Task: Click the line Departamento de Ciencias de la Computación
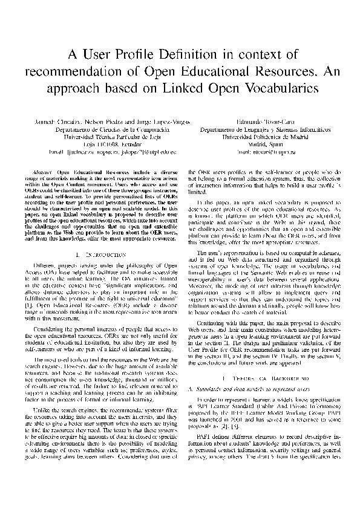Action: tap(102, 130)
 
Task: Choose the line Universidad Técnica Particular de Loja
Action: tap(102, 137)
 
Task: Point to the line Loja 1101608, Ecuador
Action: tap(102, 145)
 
